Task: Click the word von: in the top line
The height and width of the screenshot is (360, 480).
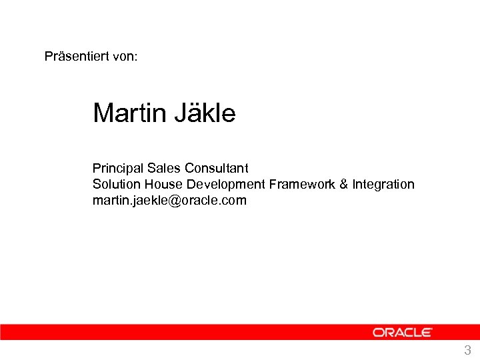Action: point(125,56)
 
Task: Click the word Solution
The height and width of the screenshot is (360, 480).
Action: point(115,184)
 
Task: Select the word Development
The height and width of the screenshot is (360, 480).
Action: point(226,184)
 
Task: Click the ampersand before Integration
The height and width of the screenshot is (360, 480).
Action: point(344,184)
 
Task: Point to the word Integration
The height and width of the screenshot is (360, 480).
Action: point(383,184)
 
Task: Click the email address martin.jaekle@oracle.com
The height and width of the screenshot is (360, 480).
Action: point(169,200)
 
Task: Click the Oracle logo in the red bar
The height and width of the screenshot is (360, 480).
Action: point(402,332)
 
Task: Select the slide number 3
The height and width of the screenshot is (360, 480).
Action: point(467,351)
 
